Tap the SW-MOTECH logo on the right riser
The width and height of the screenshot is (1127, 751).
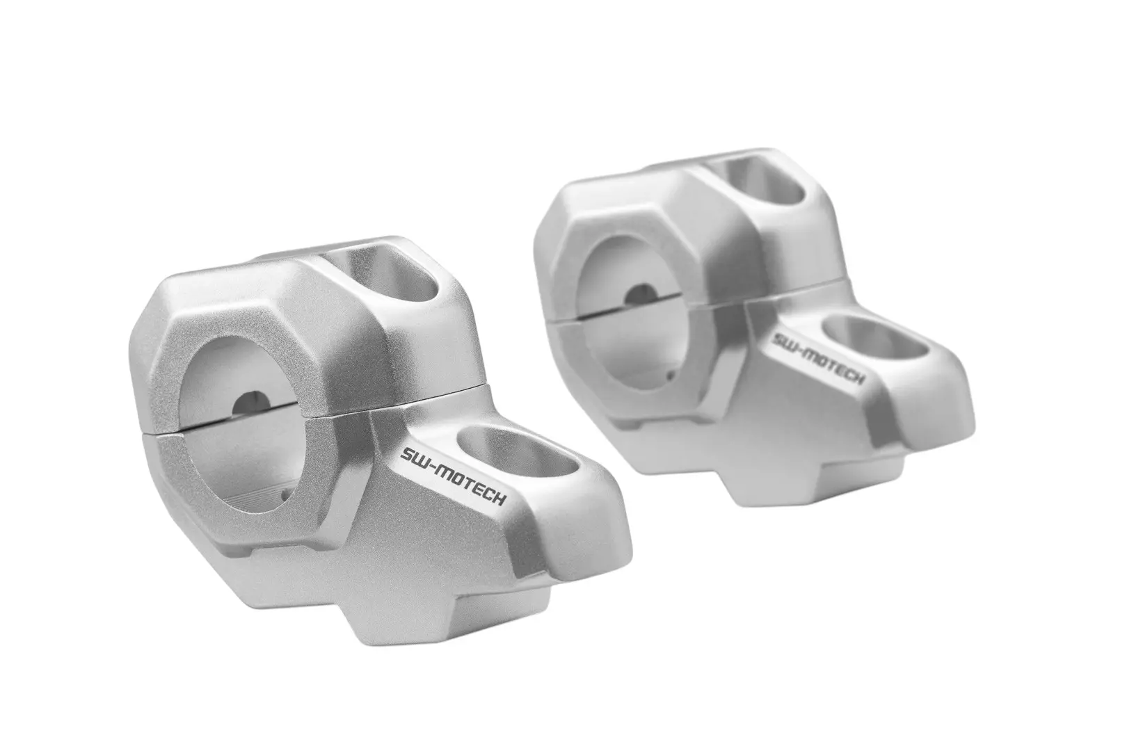[x=819, y=359]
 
